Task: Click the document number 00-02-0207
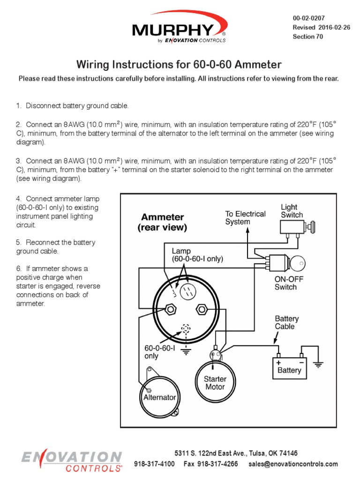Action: [308, 18]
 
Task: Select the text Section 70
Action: [307, 37]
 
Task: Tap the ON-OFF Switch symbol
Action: [281, 263]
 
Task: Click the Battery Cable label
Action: [286, 322]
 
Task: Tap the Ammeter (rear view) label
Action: [162, 222]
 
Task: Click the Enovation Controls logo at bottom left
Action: [72, 461]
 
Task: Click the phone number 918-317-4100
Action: [154, 464]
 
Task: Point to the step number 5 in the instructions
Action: [19, 242]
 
